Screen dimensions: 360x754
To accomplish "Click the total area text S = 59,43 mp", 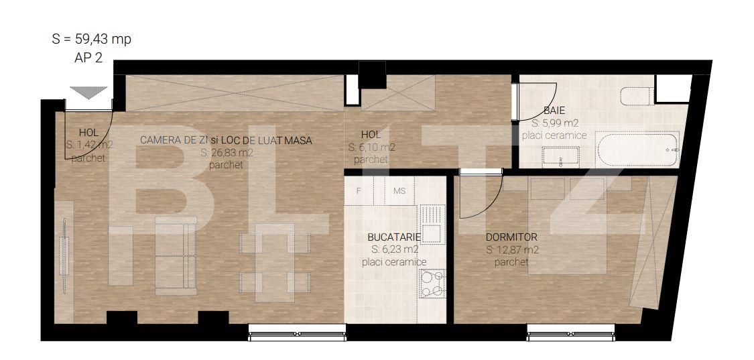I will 91,39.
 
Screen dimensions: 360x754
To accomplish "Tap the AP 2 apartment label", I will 88,58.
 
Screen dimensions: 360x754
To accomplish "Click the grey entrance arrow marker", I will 89,93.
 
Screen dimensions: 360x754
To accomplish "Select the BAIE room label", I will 554,111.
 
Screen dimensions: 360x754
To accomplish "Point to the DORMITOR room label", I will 511,237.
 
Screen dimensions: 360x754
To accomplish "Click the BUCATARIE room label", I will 394,237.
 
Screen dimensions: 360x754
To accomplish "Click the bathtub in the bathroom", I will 637,148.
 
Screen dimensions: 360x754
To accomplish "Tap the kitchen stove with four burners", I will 432,284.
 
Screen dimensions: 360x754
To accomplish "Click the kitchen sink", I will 432,225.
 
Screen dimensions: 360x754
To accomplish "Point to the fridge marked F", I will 360,190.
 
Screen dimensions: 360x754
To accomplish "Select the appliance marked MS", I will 399,190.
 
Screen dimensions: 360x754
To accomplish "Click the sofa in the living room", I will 176,256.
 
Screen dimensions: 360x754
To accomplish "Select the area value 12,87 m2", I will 512,250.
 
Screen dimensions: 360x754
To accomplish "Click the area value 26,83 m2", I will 227,153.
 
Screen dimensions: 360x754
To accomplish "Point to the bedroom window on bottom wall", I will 570,329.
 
